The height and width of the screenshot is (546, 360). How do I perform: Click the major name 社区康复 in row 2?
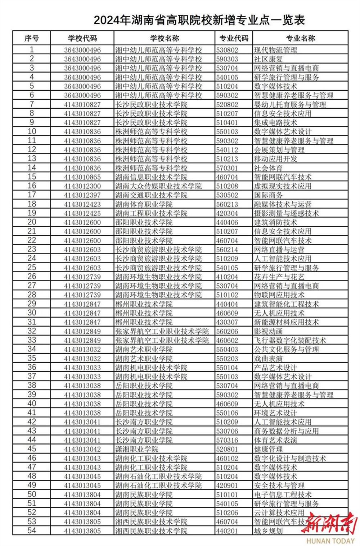click(x=268, y=59)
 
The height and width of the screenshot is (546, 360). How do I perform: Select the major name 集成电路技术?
click(x=275, y=123)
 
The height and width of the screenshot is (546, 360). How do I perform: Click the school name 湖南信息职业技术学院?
click(x=151, y=177)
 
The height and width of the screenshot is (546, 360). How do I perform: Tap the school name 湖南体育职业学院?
click(x=144, y=204)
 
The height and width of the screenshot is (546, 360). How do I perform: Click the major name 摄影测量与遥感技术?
click(x=286, y=213)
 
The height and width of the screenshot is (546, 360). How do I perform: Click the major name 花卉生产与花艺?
click(x=279, y=277)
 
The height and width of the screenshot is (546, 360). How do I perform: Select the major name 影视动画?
click(x=268, y=331)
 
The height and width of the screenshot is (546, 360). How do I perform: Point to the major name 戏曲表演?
click(x=268, y=359)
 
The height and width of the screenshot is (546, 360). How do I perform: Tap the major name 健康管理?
click(x=268, y=449)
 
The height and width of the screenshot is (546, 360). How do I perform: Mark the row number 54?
click(x=32, y=531)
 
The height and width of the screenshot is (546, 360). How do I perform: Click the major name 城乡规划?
click(x=268, y=531)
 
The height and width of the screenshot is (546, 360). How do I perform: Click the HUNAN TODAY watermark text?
click(x=330, y=541)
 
